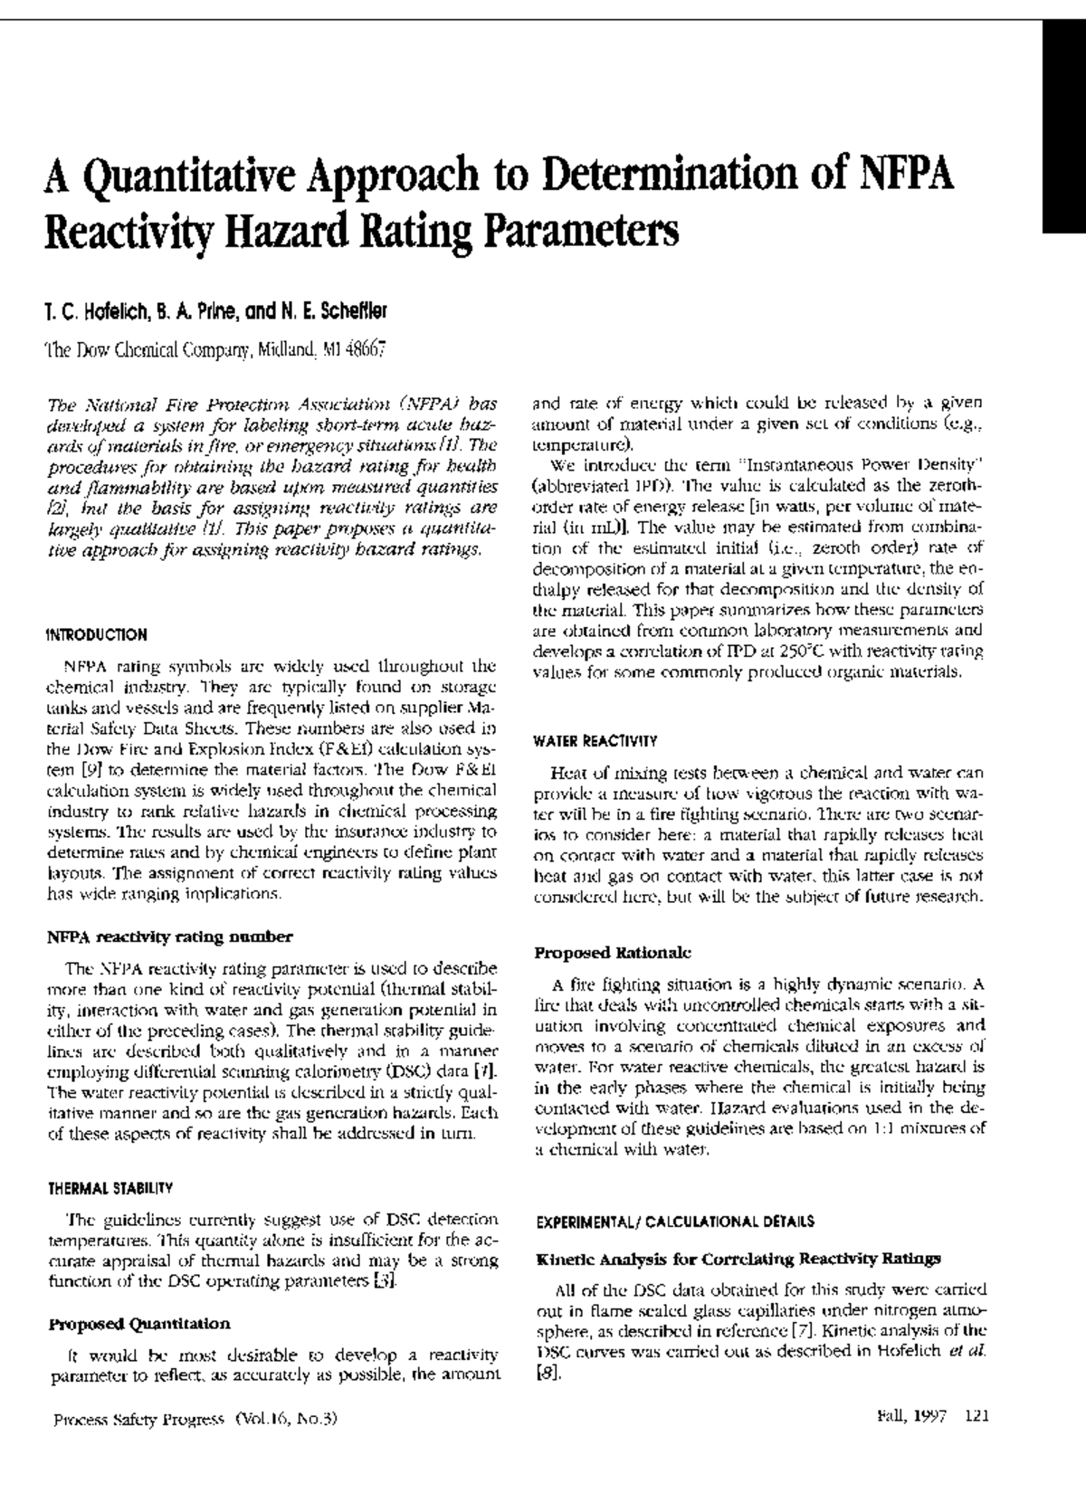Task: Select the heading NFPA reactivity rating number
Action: click(168, 937)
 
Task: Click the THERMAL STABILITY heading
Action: click(109, 1187)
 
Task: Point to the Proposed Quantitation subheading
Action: click(138, 1324)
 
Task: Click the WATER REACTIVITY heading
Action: click(595, 741)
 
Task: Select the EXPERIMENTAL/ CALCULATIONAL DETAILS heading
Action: click(674, 1221)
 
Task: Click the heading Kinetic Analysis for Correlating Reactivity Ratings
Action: click(738, 1259)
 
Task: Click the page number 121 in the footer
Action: click(976, 1418)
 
